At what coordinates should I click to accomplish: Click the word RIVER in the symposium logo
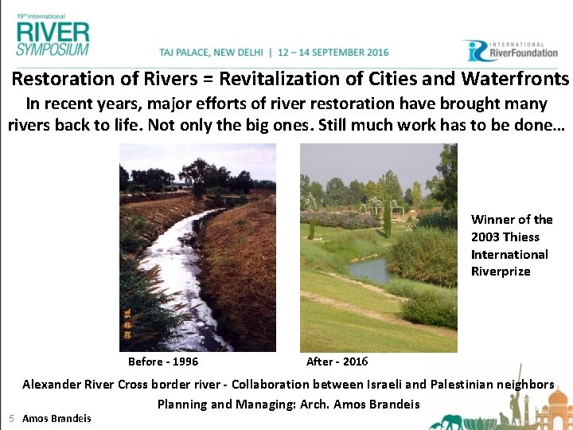point(53,33)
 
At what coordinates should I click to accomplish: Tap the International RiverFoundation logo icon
point(474,51)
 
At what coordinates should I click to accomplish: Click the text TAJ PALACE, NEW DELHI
point(212,53)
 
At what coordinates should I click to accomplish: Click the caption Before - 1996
point(163,362)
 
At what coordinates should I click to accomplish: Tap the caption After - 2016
point(337,362)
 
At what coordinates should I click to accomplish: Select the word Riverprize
point(500,272)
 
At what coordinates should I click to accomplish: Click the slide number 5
point(11,418)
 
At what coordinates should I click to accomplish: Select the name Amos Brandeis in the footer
point(57,418)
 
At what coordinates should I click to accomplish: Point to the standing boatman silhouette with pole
point(521,402)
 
